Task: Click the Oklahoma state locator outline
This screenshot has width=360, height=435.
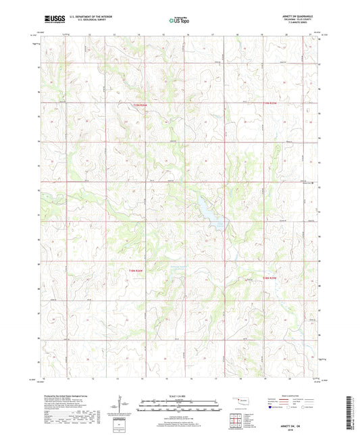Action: click(242, 401)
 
